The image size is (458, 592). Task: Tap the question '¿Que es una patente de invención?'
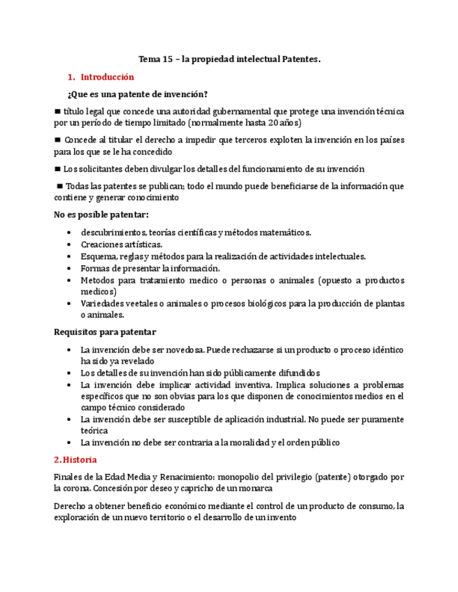click(x=137, y=94)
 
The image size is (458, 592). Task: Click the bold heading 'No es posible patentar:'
click(x=101, y=214)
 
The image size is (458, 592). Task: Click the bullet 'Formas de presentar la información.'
click(x=150, y=268)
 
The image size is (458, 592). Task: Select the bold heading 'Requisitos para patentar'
click(x=105, y=332)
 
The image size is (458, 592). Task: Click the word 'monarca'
click(x=254, y=489)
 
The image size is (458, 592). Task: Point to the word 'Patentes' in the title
click(x=300, y=60)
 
